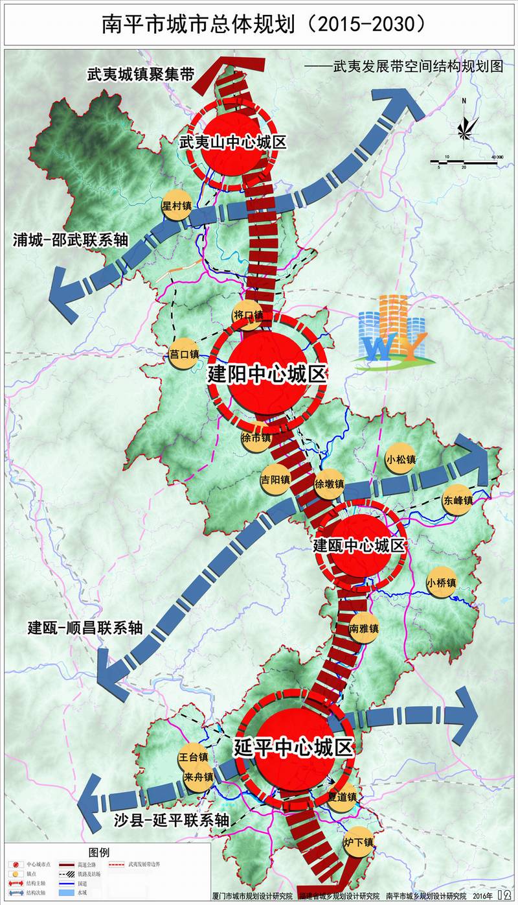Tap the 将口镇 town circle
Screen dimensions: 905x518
tap(248, 316)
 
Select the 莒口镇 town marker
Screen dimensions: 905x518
tap(183, 354)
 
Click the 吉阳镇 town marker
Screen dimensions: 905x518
tap(275, 479)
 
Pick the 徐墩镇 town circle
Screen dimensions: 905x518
tap(329, 484)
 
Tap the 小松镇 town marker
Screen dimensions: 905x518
tap(400, 459)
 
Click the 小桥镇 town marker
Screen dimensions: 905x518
tap(442, 583)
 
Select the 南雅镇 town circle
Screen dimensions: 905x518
tap(363, 628)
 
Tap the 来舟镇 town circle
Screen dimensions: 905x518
tap(197, 777)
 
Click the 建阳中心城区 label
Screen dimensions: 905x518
tap(267, 374)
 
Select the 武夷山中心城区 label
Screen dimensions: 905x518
tap(232, 142)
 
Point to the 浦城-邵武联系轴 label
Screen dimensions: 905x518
tap(71, 240)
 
